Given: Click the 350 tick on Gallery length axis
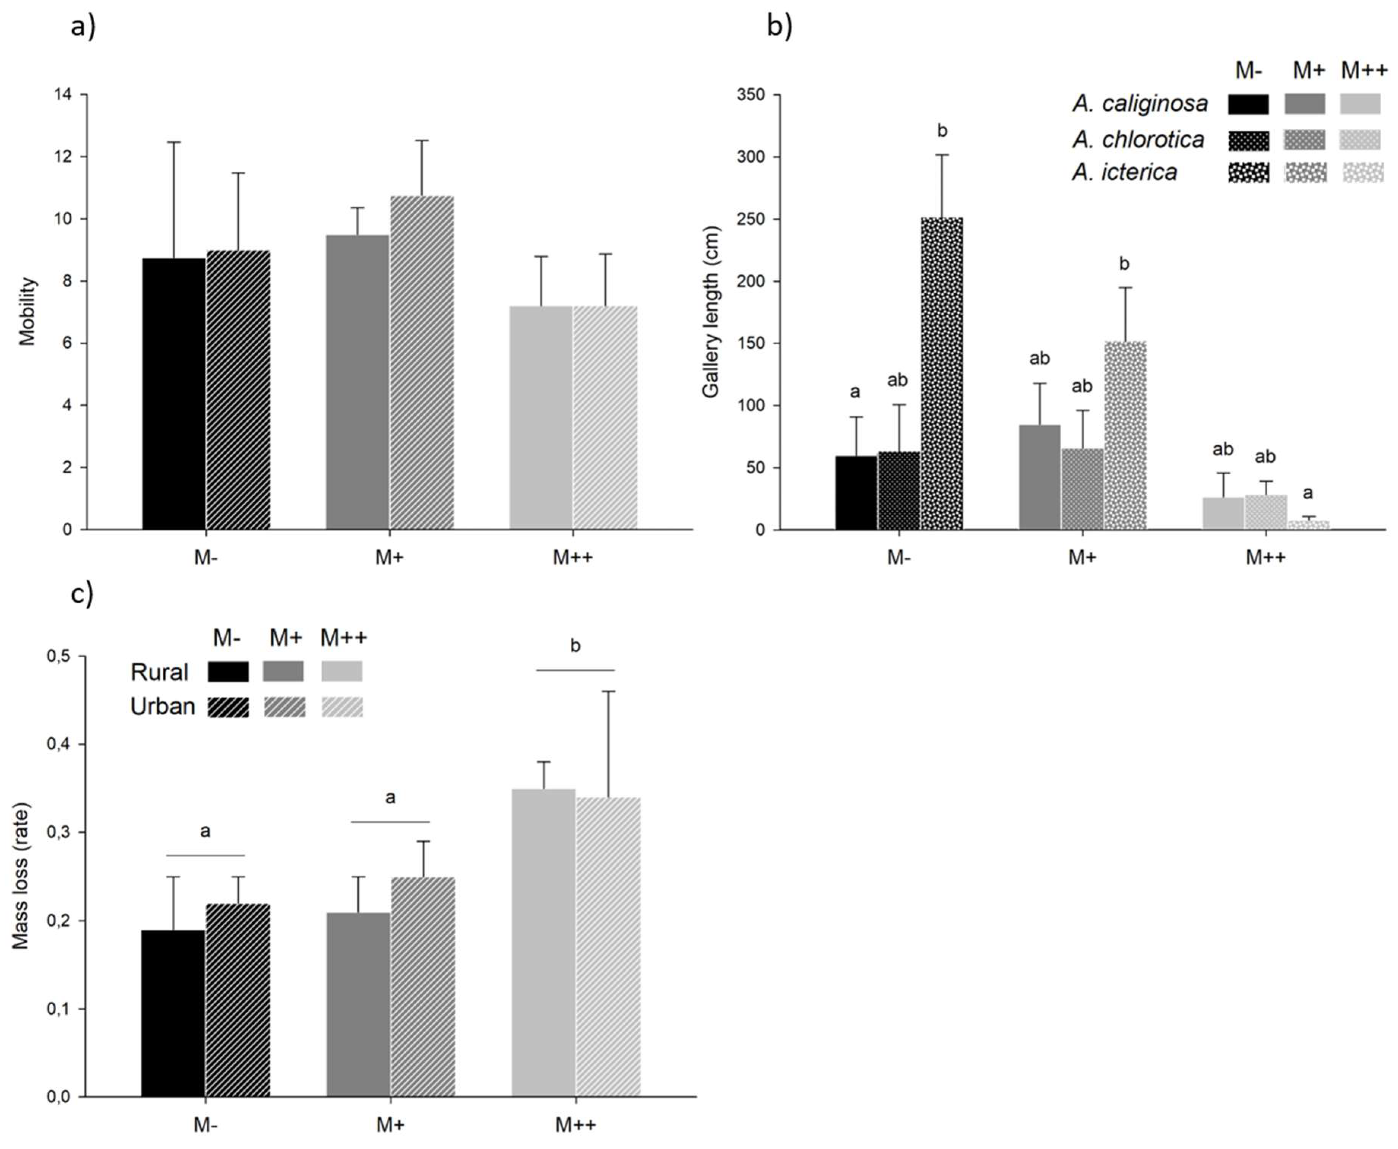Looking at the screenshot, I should pos(750,95).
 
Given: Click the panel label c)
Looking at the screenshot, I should pos(82,594).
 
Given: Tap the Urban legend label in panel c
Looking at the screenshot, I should pos(163,707).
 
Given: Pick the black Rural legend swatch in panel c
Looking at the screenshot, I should pos(228,672).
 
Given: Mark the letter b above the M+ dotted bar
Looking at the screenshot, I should pos(1124,264).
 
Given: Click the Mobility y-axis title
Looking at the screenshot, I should pos(27,312).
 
